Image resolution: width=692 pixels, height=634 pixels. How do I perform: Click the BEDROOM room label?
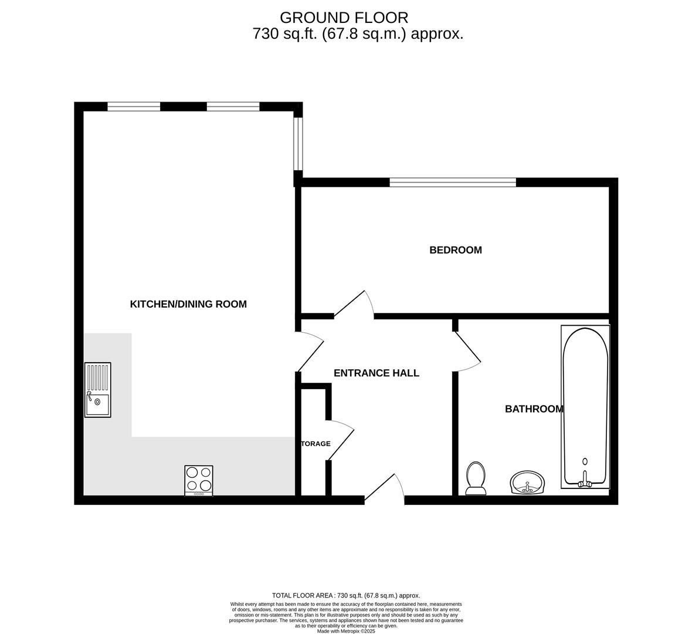456,250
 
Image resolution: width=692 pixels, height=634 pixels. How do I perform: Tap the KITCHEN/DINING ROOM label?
188,304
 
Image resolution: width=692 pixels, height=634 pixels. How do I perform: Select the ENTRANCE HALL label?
376,373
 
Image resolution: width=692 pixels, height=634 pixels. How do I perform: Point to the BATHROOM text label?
534,409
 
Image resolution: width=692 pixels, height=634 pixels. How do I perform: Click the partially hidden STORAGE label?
316,444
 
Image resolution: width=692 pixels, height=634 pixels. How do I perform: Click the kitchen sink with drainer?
98,390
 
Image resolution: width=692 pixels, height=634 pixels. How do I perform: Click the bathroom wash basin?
528,483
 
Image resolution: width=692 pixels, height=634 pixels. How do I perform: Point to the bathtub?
585,406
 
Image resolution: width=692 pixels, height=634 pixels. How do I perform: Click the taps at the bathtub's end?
585,483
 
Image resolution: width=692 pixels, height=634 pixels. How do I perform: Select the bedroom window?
452,183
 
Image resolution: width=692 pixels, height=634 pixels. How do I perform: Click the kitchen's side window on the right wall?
298,144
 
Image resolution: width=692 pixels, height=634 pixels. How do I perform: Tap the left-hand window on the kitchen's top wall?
134,107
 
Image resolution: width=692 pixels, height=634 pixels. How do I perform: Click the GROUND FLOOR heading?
344,18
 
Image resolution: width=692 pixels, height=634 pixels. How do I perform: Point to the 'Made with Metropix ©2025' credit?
346,631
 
